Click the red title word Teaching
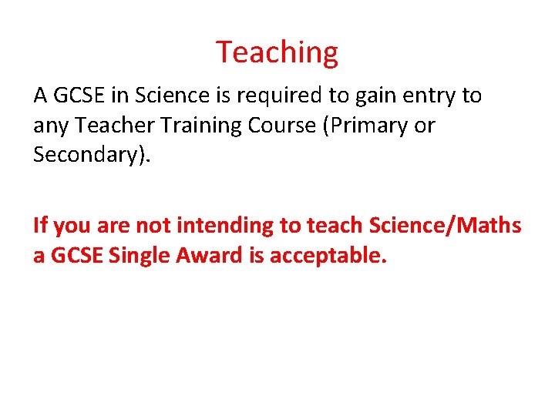[x=277, y=52]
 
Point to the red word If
[x=40, y=226]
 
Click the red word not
[x=153, y=226]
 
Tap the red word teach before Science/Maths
[x=335, y=226]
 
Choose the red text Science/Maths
[x=446, y=226]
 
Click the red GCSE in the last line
[x=76, y=256]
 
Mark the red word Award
[x=207, y=256]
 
